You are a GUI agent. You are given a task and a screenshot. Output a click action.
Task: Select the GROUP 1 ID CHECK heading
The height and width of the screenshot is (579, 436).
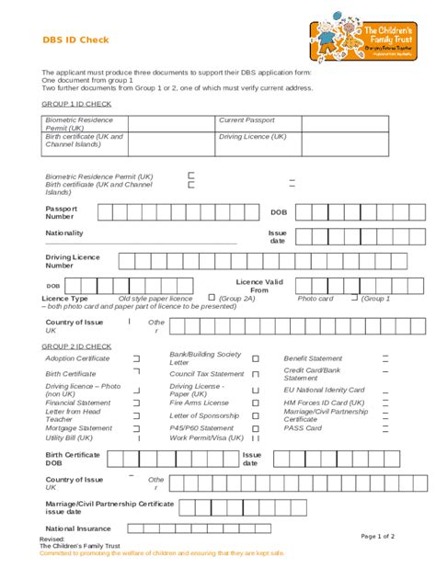click(x=76, y=104)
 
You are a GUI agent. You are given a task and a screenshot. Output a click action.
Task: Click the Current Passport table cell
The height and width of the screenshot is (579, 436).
click(x=247, y=120)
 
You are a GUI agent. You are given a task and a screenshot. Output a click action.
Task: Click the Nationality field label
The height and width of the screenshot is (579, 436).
click(x=64, y=233)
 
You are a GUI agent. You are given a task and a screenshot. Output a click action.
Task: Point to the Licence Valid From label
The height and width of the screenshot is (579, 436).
click(x=258, y=286)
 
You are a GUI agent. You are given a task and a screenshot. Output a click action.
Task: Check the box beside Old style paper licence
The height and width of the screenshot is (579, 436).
click(x=211, y=298)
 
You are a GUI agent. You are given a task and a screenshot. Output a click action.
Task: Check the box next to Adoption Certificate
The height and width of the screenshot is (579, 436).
click(x=137, y=358)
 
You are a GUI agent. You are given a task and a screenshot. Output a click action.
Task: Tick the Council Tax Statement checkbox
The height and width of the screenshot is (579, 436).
click(x=256, y=374)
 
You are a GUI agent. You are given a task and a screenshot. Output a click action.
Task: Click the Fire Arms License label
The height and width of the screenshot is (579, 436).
click(x=199, y=403)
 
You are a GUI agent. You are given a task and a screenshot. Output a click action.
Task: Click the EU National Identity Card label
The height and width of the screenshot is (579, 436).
click(x=324, y=390)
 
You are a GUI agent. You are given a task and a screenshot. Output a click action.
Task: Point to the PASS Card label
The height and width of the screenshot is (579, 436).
click(x=303, y=427)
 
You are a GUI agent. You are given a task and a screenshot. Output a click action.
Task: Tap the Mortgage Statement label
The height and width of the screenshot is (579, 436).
click(x=79, y=427)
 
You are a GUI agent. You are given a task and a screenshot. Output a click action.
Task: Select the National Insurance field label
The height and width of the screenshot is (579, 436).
click(x=78, y=528)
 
